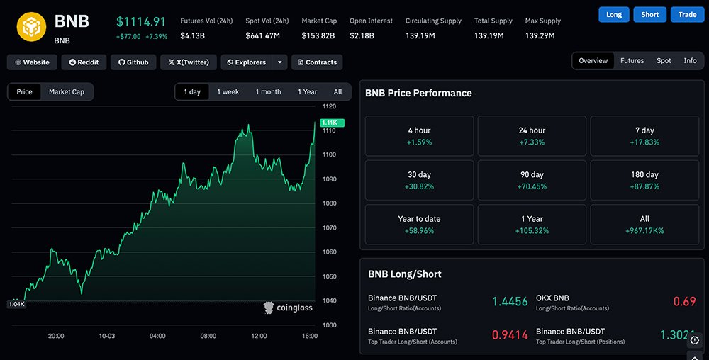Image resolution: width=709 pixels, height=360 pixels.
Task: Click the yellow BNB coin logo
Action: pyautogui.click(x=31, y=26)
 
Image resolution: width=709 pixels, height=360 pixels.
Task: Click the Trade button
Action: pyautogui.click(x=687, y=14)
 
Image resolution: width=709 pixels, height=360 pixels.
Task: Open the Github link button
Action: pyautogui.click(x=133, y=62)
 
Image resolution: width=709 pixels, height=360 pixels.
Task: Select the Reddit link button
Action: pyautogui.click(x=84, y=62)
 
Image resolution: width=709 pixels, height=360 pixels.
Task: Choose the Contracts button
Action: pyautogui.click(x=316, y=62)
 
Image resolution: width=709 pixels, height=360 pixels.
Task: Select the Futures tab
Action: pyautogui.click(x=632, y=61)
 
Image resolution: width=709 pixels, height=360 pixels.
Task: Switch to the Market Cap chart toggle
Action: pyautogui.click(x=67, y=92)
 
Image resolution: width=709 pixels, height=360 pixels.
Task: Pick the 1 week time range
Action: pyautogui.click(x=228, y=92)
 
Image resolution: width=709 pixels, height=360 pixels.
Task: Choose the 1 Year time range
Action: pyautogui.click(x=307, y=92)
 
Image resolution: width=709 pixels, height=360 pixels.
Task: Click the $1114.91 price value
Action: pyautogui.click(x=141, y=22)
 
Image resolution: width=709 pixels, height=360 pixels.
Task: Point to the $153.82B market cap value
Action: pyautogui.click(x=318, y=35)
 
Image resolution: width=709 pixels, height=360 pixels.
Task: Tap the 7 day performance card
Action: pyautogui.click(x=644, y=136)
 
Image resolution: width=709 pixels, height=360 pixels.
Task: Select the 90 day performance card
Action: pyautogui.click(x=532, y=180)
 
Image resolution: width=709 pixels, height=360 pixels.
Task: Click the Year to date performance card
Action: pyautogui.click(x=419, y=225)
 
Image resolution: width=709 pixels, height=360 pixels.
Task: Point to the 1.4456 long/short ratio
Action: pyautogui.click(x=510, y=302)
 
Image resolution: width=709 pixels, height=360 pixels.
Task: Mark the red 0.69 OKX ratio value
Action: pyautogui.click(x=684, y=302)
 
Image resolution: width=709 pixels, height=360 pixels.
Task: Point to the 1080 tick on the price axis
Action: pyautogui.click(x=329, y=203)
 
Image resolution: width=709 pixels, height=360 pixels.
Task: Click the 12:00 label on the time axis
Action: pyautogui.click(x=259, y=336)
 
